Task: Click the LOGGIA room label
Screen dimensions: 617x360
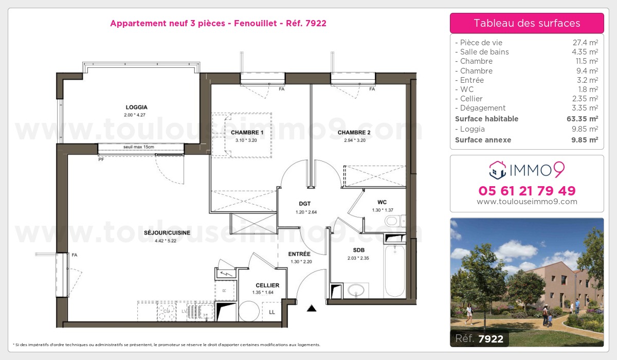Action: click(136, 107)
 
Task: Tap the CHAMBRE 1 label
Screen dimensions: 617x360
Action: click(247, 133)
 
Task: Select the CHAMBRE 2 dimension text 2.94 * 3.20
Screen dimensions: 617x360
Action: click(355, 140)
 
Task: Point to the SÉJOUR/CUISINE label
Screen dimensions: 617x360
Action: click(167, 233)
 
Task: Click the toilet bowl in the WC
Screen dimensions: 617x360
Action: click(393, 221)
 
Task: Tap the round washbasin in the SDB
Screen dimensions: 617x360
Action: click(356, 290)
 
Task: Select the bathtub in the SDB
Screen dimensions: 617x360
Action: click(395, 271)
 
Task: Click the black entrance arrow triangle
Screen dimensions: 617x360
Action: click(312, 308)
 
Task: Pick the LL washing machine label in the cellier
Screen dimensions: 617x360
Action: click(272, 312)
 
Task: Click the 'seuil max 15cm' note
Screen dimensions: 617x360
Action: click(138, 147)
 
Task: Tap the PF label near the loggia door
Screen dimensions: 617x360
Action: click(101, 159)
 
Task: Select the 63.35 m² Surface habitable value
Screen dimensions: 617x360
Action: click(582, 119)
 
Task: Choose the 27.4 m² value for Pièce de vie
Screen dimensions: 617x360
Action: click(585, 42)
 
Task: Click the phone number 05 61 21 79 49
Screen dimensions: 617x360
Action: click(527, 191)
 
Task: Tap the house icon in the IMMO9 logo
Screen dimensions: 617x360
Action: click(498, 170)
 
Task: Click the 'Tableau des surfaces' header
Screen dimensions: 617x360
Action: click(527, 23)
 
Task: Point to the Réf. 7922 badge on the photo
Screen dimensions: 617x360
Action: click(479, 338)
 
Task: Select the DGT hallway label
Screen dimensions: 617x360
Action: click(304, 204)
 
